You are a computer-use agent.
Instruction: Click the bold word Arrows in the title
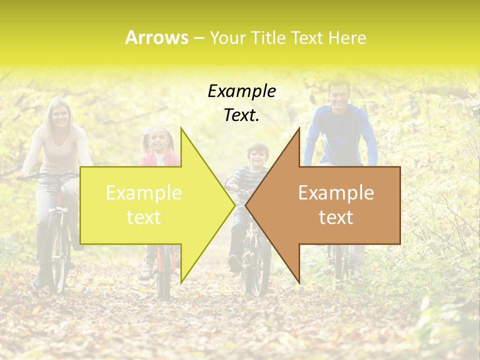156,37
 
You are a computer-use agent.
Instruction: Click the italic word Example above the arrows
241,91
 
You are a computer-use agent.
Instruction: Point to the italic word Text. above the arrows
241,115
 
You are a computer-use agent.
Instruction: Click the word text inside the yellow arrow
143,217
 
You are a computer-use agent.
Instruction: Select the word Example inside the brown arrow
336,193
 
